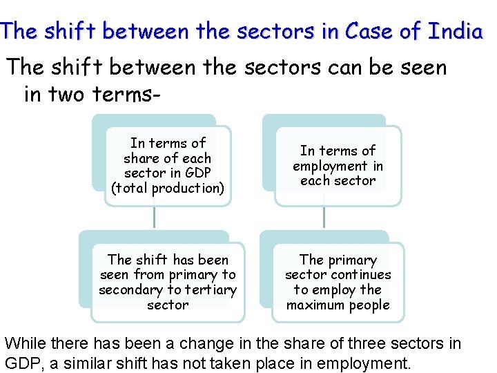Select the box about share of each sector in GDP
168,166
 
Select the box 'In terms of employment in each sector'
338,166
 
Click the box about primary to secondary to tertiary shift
168,282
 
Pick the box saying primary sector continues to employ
338,282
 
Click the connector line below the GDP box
154,218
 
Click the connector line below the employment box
323,218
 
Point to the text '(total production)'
168,189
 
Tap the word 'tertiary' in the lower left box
211,290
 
